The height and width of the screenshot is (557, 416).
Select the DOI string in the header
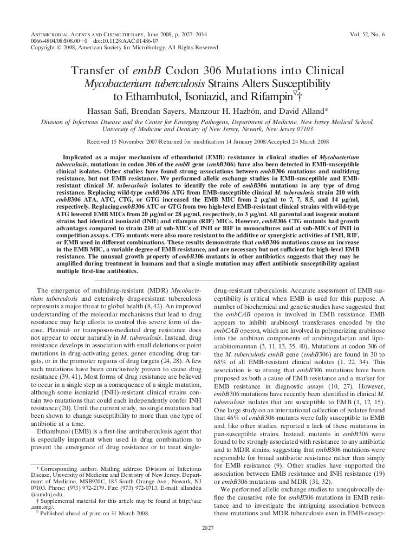[x=109, y=41]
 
